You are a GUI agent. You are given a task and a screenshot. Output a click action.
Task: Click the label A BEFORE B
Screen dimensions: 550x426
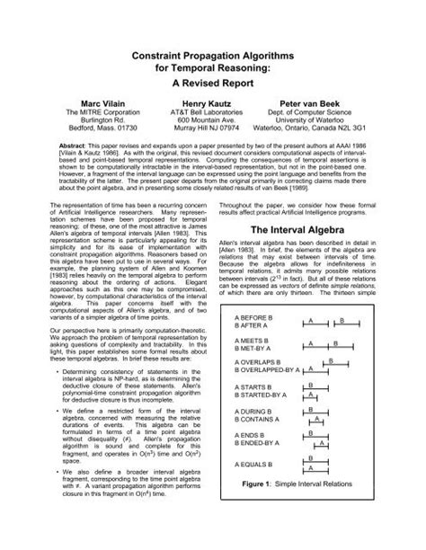(x=257, y=343)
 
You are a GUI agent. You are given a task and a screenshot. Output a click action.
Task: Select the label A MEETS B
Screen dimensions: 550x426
(x=255, y=368)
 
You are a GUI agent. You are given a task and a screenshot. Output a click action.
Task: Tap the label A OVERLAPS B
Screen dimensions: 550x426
(x=262, y=393)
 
